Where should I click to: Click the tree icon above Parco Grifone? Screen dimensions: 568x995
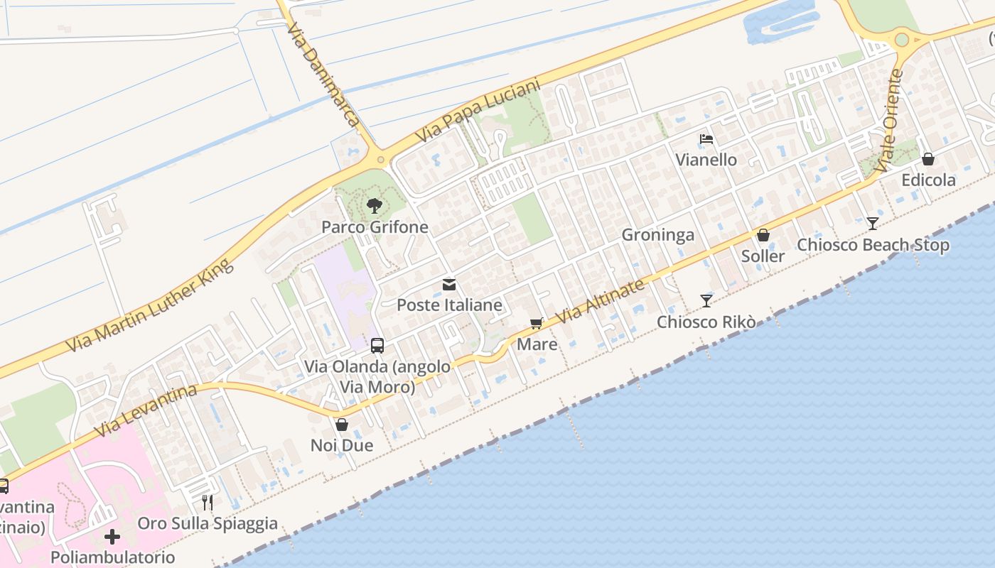374,207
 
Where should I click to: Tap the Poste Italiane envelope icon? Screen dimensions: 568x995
449,285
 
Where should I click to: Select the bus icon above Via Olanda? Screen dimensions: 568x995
377,346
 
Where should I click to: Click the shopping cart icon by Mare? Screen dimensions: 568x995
537,324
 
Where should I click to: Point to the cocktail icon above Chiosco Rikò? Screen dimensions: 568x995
706,301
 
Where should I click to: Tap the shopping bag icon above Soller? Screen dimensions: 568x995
763,235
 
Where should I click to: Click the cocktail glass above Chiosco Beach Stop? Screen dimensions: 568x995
873,224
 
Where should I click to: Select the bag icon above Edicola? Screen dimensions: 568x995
928,159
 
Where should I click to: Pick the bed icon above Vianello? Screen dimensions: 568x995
706,139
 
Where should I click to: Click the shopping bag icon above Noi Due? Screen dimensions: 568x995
342,425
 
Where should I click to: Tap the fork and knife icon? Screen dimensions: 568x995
208,503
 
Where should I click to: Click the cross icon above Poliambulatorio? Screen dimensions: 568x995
112,536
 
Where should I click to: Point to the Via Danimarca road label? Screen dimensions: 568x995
323,74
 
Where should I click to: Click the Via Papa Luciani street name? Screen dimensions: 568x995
478,110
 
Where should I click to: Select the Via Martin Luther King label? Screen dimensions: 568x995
149,306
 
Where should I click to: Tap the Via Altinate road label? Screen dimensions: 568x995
600,300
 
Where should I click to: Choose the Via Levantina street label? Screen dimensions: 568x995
145,411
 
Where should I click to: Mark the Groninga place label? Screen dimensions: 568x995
657,235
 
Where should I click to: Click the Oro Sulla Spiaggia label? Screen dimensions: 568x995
208,524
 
